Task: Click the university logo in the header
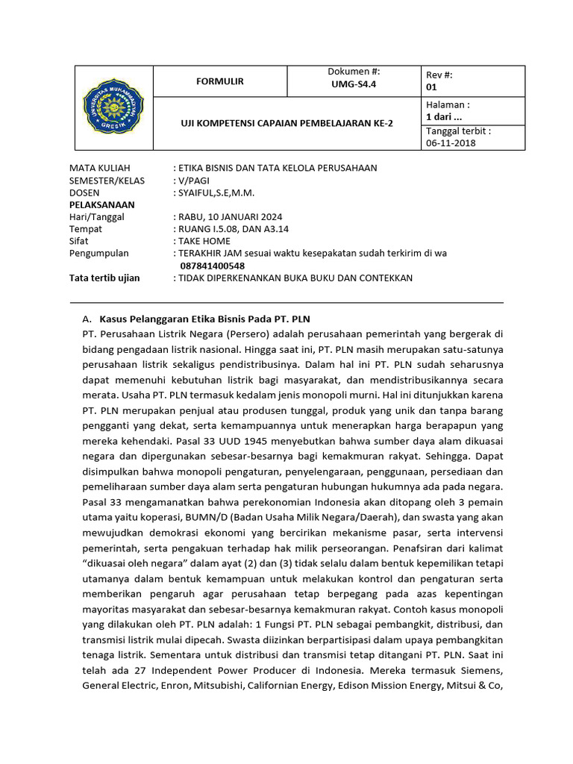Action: pyautogui.click(x=113, y=107)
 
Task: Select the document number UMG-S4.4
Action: pyautogui.click(x=354, y=85)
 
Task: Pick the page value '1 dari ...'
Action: pyautogui.click(x=444, y=117)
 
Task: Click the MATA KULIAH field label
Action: pyautogui.click(x=99, y=168)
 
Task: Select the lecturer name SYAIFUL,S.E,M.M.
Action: pyautogui.click(x=216, y=192)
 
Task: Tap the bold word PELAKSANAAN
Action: pyautogui.click(x=102, y=204)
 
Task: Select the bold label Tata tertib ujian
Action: pyautogui.click(x=104, y=278)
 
